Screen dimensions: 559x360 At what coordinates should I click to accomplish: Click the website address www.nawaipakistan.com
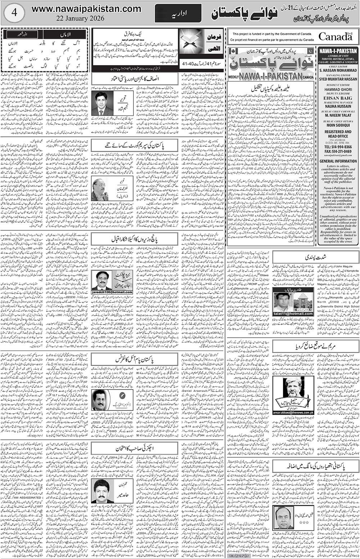pos(86,9)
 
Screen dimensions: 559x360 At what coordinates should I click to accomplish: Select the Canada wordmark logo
pos(335,36)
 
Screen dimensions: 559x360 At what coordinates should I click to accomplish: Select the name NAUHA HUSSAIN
pos(337,106)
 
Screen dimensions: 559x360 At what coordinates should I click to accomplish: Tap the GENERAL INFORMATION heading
pos(338,161)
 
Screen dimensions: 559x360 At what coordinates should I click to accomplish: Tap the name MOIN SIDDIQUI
pos(337,126)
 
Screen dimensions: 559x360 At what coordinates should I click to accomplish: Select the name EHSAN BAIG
pos(337,97)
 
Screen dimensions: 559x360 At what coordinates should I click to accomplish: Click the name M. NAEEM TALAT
pos(337,116)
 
